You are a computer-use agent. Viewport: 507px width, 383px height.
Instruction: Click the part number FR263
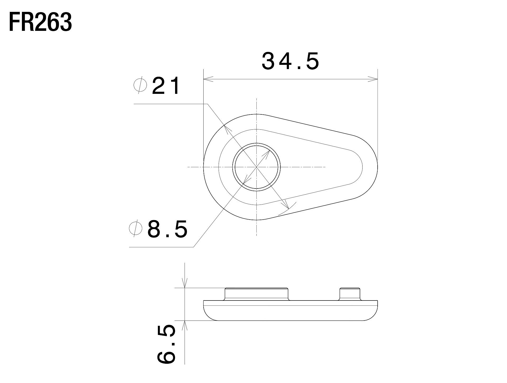tap(40, 23)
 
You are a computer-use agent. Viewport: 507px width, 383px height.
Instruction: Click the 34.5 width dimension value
tap(290, 61)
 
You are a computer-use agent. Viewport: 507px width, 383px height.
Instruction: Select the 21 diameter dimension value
tap(166, 86)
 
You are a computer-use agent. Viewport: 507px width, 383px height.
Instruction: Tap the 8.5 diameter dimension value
tap(167, 229)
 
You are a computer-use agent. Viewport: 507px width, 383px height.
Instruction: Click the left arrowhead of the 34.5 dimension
tap(209, 79)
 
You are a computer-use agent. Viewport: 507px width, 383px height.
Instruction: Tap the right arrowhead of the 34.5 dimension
tap(373, 79)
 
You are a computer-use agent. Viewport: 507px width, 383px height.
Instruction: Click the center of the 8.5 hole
tap(256, 167)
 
